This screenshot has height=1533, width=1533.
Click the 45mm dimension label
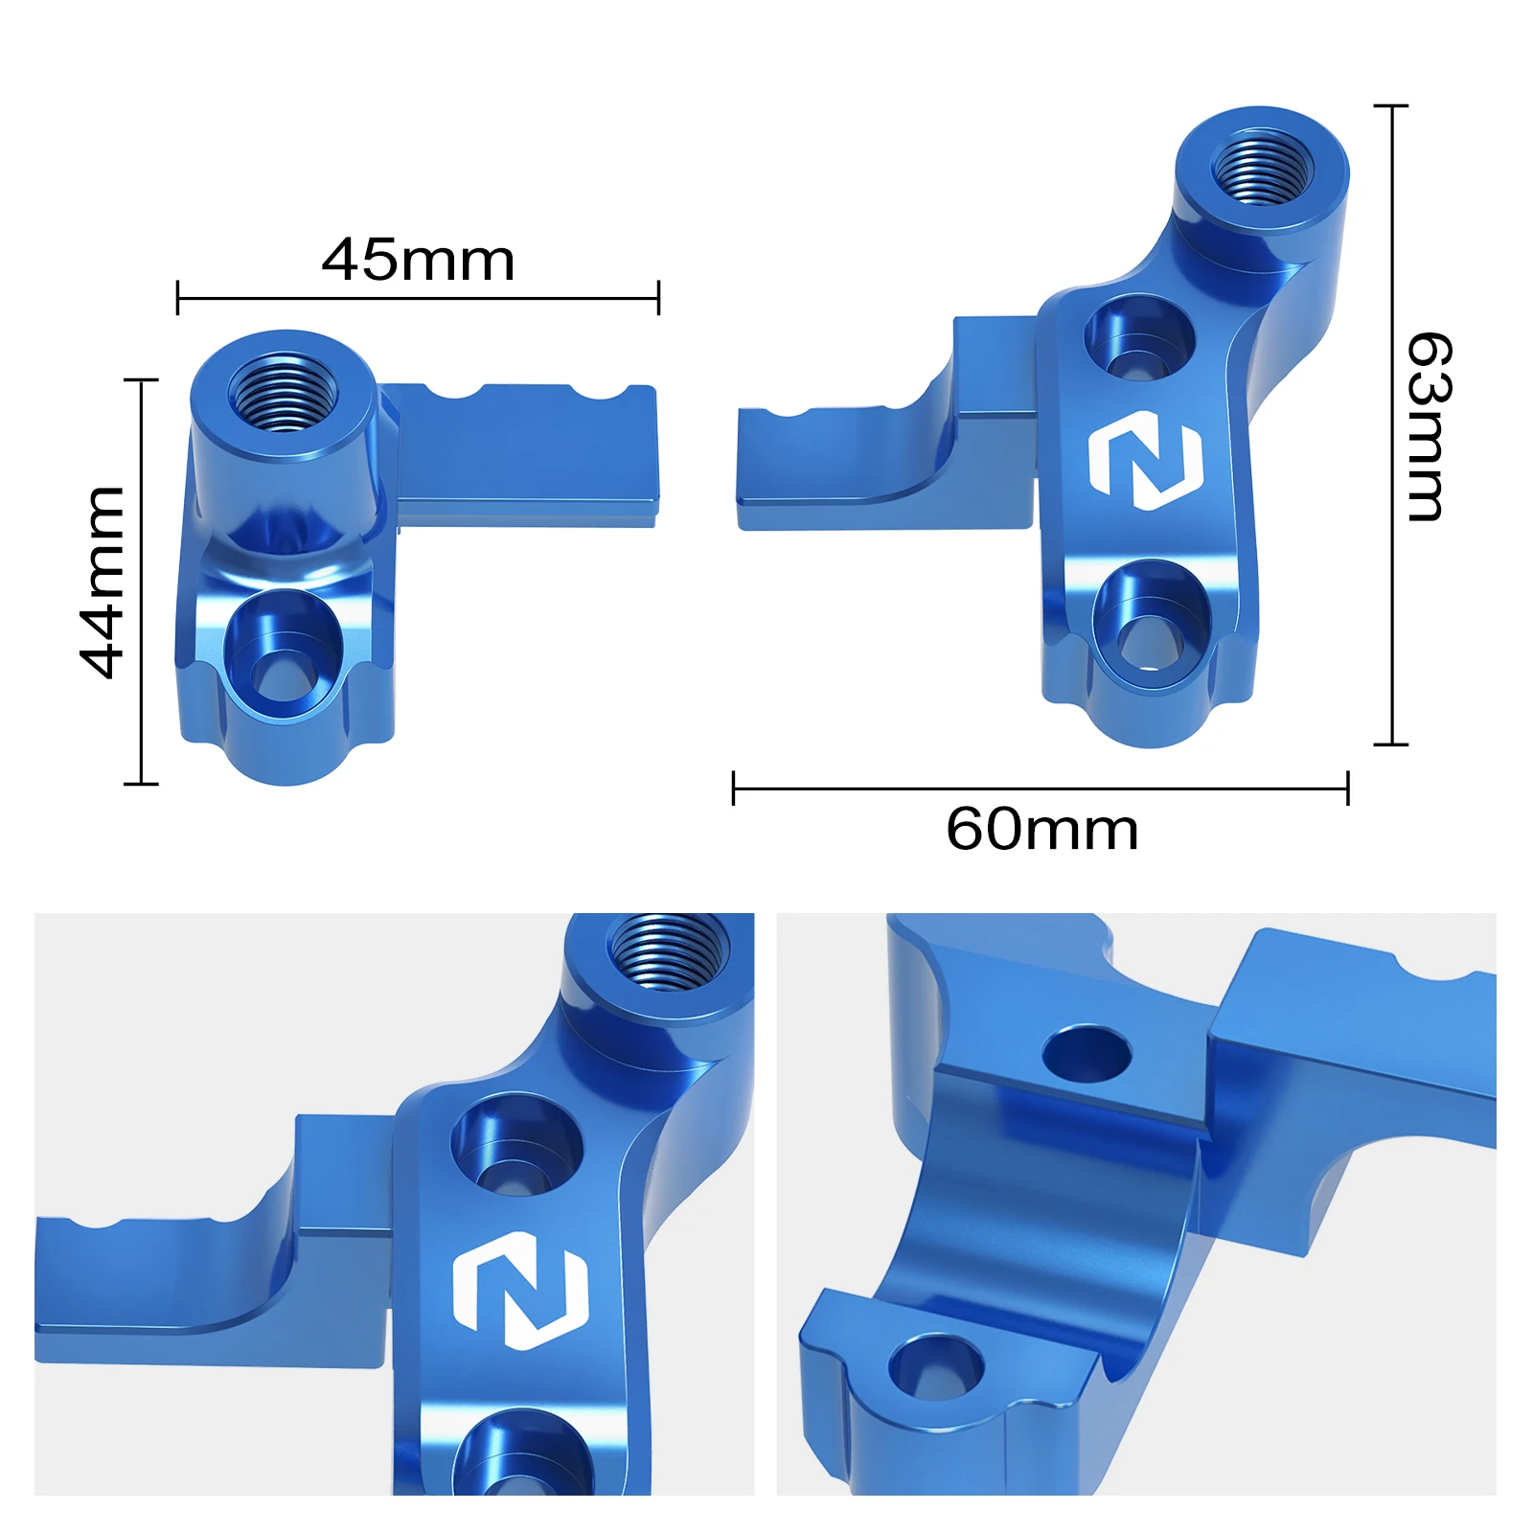pos(418,260)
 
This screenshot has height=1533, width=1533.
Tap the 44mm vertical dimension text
pos(103,582)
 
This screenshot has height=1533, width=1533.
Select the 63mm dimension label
pos(1429,426)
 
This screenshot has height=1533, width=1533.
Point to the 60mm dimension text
pos(1041,829)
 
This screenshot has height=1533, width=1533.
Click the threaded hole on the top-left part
pos(283,392)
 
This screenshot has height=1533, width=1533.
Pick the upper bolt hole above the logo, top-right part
pos(1139,338)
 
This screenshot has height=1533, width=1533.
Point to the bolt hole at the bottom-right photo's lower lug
pos(935,1367)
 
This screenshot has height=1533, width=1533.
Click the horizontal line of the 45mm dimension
pos(418,298)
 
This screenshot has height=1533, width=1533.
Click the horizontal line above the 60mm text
pos(1040,789)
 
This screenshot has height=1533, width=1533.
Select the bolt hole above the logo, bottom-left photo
pos(516,1145)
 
